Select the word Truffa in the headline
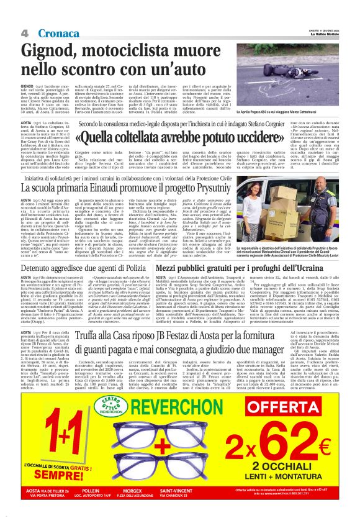110,338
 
